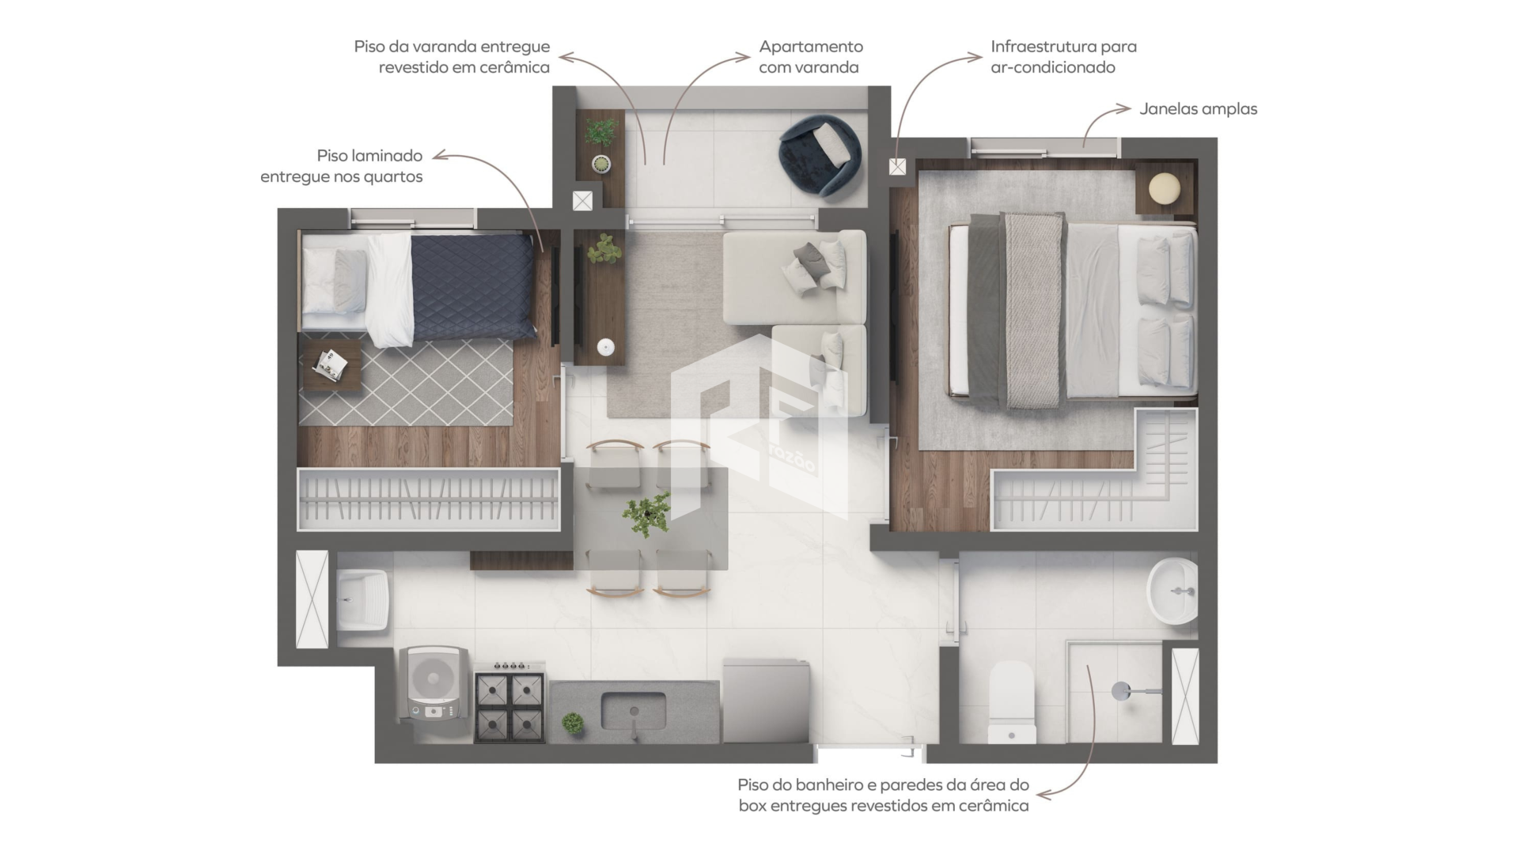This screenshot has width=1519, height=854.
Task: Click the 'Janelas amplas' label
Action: point(1198,109)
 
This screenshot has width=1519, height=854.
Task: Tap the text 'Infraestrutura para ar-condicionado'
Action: point(1063,57)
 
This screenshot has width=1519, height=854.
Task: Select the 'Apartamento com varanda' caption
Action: point(810,57)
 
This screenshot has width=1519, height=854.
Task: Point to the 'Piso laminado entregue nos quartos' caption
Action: point(341,166)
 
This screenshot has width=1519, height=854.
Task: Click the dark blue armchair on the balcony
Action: point(820,155)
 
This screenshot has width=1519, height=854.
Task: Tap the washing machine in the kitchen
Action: point(434,685)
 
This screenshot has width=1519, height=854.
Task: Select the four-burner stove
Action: point(509,702)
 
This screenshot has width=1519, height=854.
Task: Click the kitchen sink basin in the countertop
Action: point(633,711)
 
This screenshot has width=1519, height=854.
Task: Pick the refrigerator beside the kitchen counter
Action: point(766,701)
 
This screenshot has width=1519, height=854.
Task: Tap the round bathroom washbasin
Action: point(1172,591)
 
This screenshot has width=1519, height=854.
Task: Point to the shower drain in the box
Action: point(1121,691)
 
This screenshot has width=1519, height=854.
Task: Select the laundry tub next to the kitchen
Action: point(363,600)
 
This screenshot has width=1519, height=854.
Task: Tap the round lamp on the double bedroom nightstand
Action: point(1165,190)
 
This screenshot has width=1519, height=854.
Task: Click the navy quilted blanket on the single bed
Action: point(472,287)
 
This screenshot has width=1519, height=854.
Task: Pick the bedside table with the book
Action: point(332,365)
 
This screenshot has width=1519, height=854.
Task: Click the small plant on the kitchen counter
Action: point(572,723)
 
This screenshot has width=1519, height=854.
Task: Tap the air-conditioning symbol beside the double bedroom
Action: point(897,167)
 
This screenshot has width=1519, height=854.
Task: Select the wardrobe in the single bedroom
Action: point(428,499)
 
